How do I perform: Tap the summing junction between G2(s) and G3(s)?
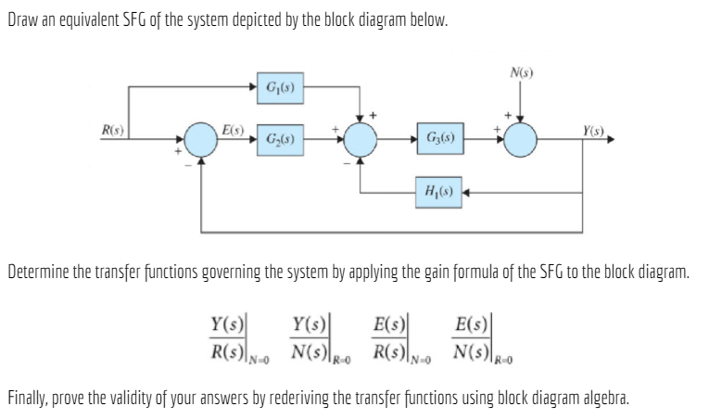361,141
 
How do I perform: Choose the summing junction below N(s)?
522,141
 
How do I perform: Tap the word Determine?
35,273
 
